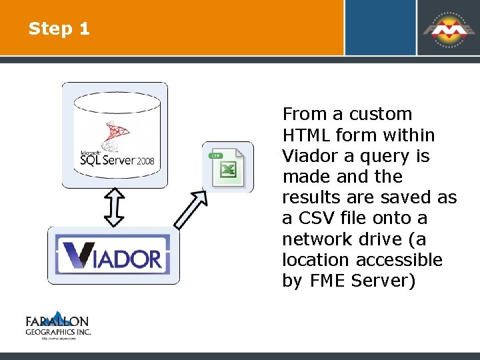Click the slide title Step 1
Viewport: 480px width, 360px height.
click(x=59, y=29)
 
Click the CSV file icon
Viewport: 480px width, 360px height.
click(x=227, y=167)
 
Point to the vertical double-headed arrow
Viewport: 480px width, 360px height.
click(x=115, y=207)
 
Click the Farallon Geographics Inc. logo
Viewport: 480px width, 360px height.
click(x=58, y=326)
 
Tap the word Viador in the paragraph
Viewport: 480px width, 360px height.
click(x=309, y=156)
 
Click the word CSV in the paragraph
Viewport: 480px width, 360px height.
click(x=313, y=218)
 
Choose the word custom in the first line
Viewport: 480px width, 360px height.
click(x=381, y=114)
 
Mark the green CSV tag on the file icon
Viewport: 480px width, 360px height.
click(x=215, y=155)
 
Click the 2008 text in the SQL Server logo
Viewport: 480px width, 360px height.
click(x=146, y=161)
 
